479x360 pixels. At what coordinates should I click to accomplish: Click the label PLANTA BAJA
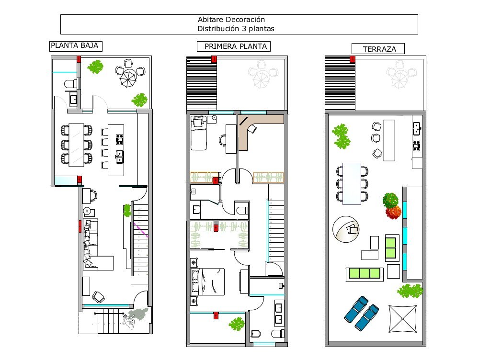point(75,46)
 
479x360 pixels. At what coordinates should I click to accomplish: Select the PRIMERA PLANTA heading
point(234,46)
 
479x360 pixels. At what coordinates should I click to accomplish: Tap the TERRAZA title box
point(377,49)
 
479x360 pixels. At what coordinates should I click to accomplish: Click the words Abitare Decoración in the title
point(231,20)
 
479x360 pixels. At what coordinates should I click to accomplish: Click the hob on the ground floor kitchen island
point(119,139)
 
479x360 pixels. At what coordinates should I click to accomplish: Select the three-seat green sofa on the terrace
point(364,274)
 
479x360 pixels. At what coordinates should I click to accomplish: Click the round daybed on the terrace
point(348,229)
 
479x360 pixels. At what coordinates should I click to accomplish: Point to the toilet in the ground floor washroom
point(70,84)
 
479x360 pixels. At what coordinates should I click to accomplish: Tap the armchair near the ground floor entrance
point(98,297)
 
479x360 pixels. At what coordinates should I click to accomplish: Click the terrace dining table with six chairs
point(352,183)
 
